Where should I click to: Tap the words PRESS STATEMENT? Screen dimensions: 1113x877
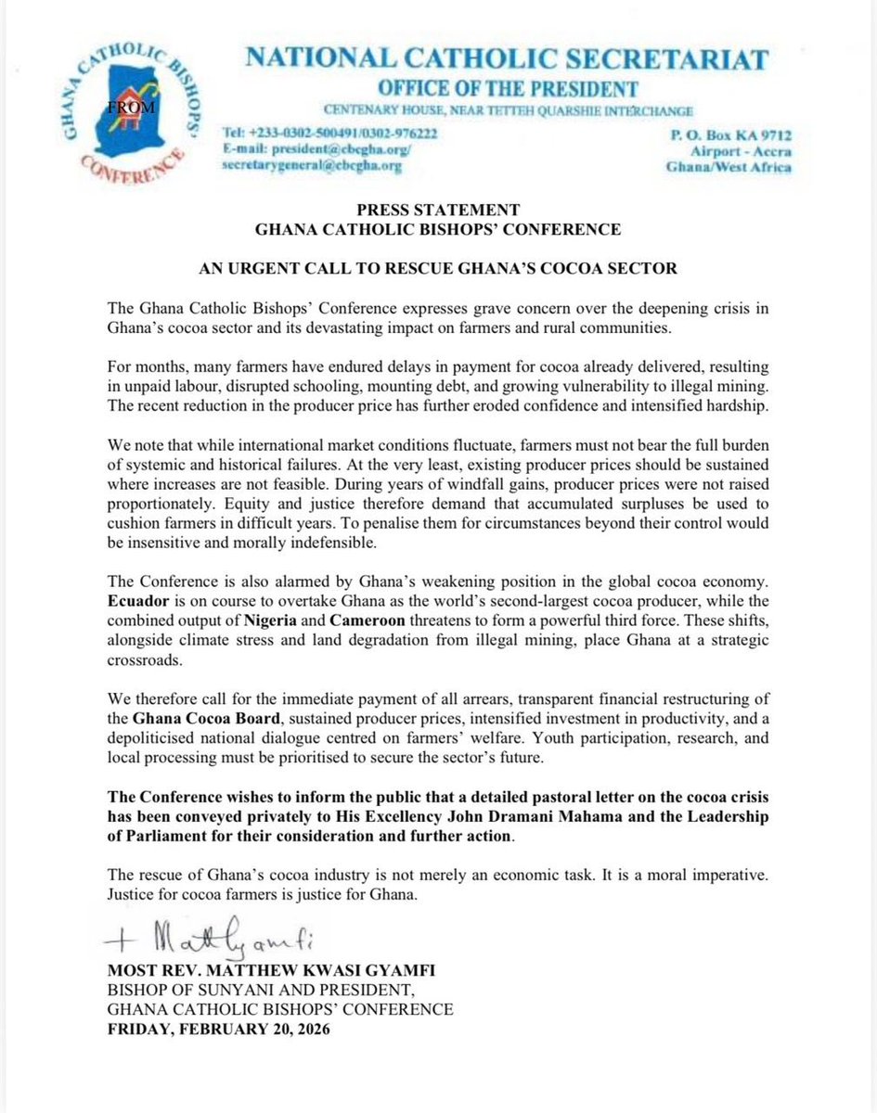coord(439,210)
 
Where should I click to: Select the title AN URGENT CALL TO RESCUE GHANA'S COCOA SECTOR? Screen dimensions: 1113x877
coord(439,269)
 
